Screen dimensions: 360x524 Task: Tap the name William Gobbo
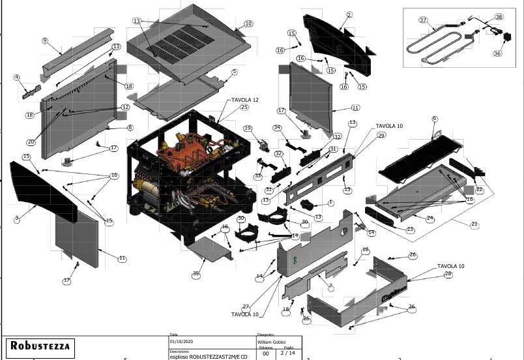[272, 341]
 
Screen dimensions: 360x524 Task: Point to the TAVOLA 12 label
[244, 99]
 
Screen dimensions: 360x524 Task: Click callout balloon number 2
[349, 14]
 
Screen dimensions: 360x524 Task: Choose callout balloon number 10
[248, 23]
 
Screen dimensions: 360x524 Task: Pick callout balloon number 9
[45, 41]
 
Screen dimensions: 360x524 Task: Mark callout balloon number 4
[16, 78]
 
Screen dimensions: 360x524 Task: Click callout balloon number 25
[244, 107]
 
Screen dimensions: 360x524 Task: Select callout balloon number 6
[435, 119]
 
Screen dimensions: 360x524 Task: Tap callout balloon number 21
[474, 224]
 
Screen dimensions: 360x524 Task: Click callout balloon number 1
[330, 203]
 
